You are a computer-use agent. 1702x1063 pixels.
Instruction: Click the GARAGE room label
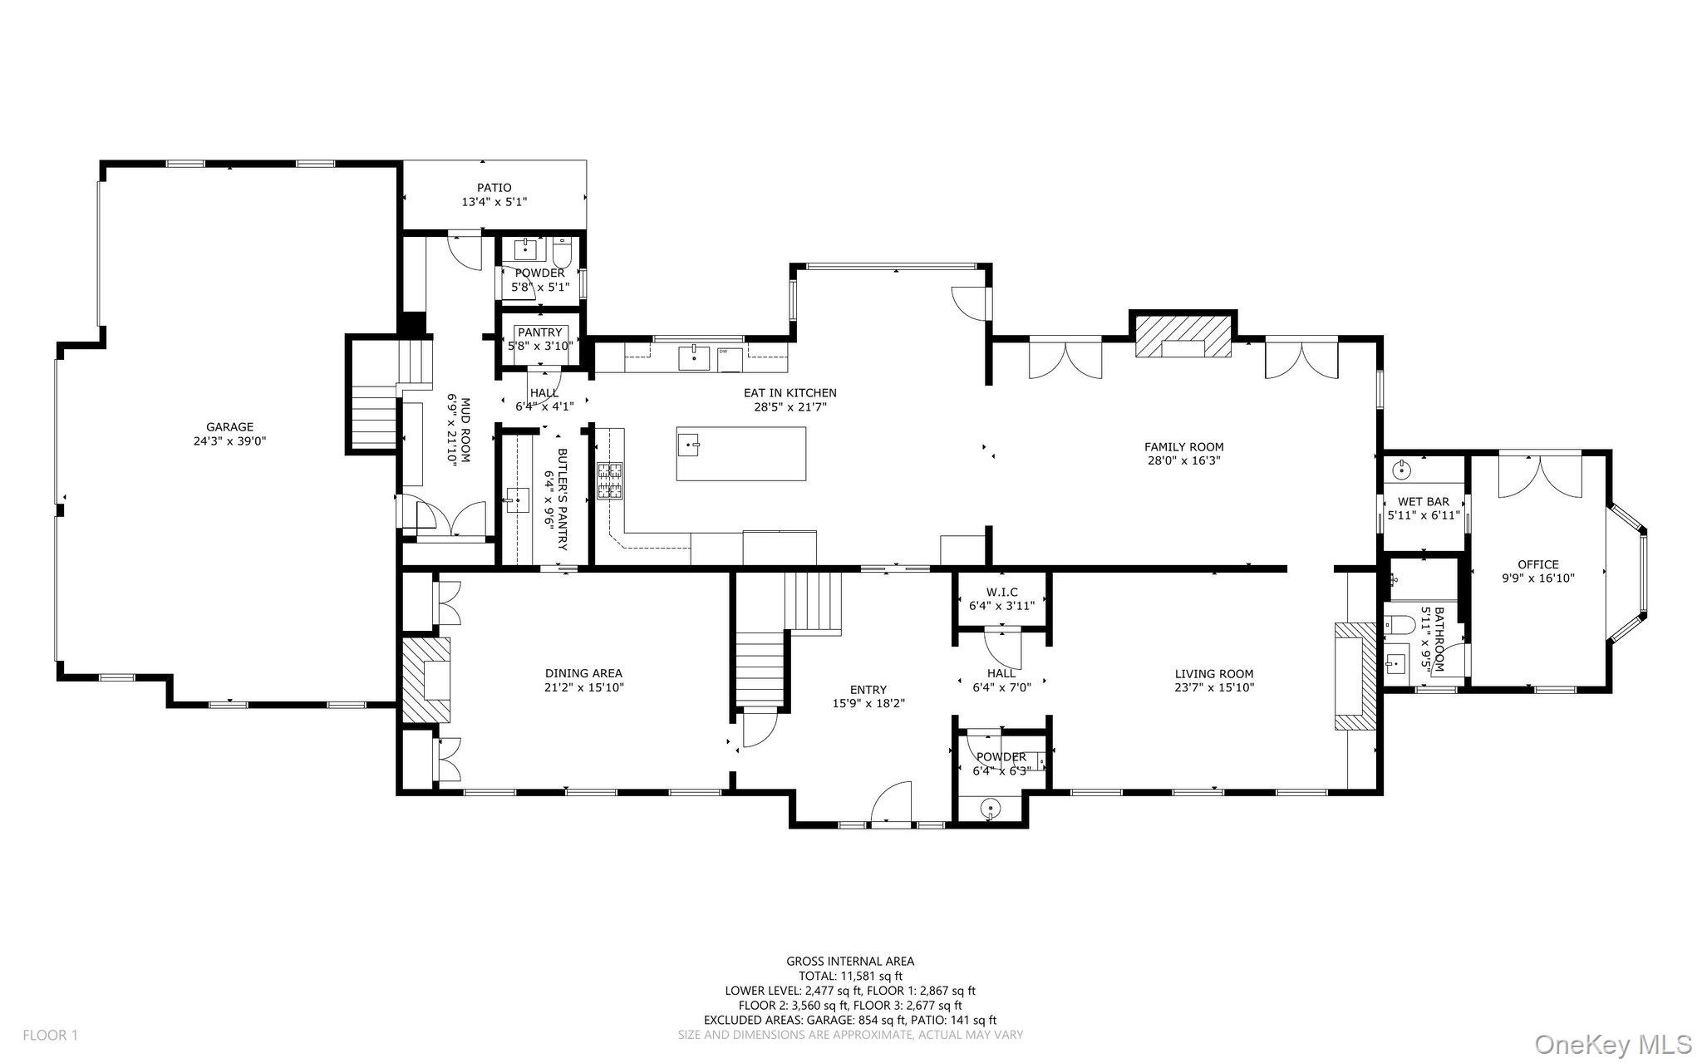click(230, 427)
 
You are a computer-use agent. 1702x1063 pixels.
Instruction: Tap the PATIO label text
click(494, 188)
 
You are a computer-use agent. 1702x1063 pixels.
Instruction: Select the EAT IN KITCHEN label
click(790, 393)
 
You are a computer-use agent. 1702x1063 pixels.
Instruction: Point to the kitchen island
click(741, 454)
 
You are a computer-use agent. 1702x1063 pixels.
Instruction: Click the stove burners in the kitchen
click(609, 481)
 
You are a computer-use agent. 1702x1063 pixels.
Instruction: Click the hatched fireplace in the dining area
click(426, 679)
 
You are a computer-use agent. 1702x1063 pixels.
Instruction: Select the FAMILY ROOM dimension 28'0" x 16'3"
click(1183, 460)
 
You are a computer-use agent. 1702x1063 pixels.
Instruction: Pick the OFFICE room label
click(1538, 564)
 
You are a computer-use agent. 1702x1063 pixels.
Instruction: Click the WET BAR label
click(1424, 502)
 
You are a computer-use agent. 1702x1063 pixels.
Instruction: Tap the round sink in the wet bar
click(1402, 470)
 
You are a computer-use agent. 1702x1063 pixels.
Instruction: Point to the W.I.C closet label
click(1001, 592)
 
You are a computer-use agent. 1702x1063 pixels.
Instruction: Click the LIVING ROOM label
click(1214, 674)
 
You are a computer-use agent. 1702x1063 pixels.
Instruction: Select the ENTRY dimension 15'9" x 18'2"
click(868, 703)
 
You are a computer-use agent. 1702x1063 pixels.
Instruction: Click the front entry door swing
click(892, 802)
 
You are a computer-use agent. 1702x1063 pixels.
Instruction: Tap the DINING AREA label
click(583, 674)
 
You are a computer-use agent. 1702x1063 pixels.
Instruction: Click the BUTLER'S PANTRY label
click(562, 500)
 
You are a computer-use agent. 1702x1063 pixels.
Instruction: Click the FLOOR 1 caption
click(50, 1036)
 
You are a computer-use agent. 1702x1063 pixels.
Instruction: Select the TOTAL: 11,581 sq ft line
click(850, 977)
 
